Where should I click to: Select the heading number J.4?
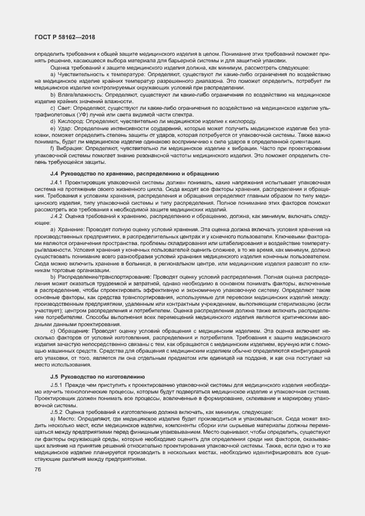[55, 174]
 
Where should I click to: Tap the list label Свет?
[65, 108]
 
